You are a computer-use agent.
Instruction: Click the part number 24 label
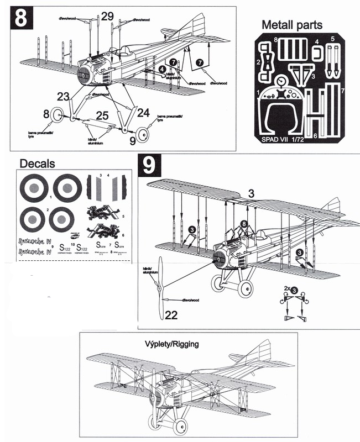143,112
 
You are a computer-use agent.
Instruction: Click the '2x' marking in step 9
287,290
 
